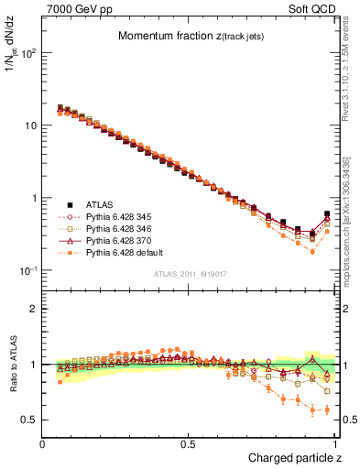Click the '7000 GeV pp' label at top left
74,8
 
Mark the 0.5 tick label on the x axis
189,444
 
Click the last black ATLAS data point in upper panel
327,214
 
